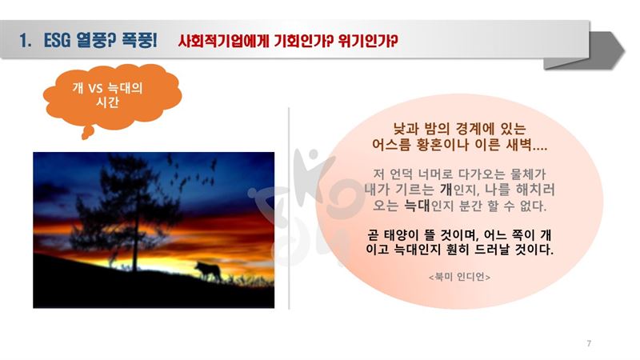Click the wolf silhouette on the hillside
coord(208,270)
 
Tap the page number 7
coord(589,343)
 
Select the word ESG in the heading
coord(57,41)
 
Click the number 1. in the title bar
coord(26,41)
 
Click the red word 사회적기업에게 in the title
coord(223,41)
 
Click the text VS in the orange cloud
coord(95,88)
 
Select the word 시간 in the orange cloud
coord(107,102)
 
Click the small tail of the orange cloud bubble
coord(87,133)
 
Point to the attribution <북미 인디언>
coord(459,277)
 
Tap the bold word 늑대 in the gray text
coord(417,206)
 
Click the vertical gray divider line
coord(289,208)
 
